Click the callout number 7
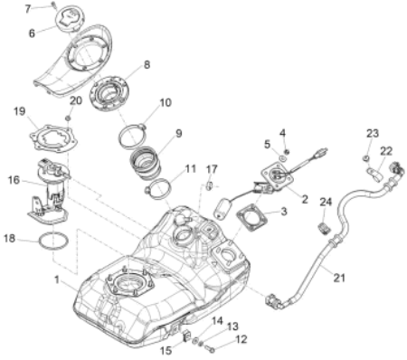point(28,9)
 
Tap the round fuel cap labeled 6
point(70,19)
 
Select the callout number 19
point(20,111)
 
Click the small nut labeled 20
point(69,118)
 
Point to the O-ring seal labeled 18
point(53,241)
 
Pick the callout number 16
point(14,180)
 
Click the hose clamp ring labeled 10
point(133,137)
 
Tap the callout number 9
point(179,133)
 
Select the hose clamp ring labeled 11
point(158,189)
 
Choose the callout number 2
point(305,199)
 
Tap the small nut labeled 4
point(287,151)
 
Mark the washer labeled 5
point(282,157)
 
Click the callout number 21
point(339,278)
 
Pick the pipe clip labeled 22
point(374,175)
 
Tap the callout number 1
point(57,279)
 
